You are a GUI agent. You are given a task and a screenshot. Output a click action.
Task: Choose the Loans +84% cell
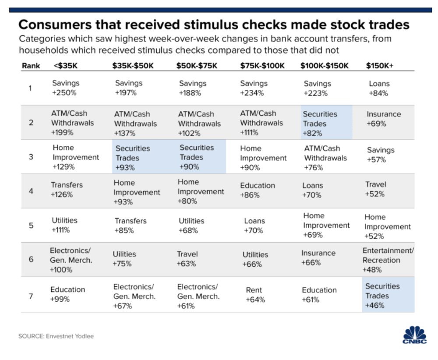point(379,88)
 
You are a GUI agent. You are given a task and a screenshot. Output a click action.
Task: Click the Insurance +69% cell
point(383,119)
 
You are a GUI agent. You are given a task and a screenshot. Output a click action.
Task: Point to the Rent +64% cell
point(254,295)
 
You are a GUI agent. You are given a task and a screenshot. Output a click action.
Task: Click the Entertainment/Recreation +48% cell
point(388,260)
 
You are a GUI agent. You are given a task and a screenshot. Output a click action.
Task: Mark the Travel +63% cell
point(187,259)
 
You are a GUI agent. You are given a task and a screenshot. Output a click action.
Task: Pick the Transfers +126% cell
point(67,190)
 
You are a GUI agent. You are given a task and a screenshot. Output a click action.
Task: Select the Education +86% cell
point(257,190)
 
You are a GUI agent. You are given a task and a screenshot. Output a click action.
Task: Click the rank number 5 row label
point(31,226)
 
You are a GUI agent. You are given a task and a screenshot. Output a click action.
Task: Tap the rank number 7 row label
point(31,296)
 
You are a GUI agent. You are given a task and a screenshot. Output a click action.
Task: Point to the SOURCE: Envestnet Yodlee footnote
point(56,336)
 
